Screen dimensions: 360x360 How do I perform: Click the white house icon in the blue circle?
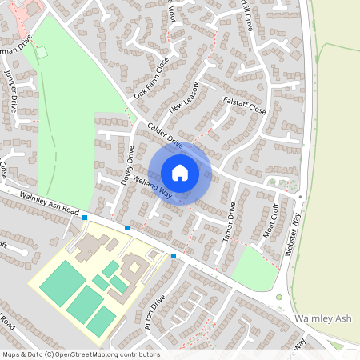pyautogui.click(x=180, y=172)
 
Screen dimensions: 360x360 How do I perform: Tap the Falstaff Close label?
pyautogui.click(x=245, y=103)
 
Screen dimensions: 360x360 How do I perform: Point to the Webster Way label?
pyautogui.click(x=293, y=232)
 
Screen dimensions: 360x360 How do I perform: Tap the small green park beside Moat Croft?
pyautogui.click(x=254, y=268)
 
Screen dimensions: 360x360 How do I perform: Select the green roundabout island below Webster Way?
pyautogui.click(x=279, y=298)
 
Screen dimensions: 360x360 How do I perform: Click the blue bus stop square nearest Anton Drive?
pyautogui.click(x=174, y=256)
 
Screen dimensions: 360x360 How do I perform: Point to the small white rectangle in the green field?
pyautogui.click(x=42, y=52)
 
